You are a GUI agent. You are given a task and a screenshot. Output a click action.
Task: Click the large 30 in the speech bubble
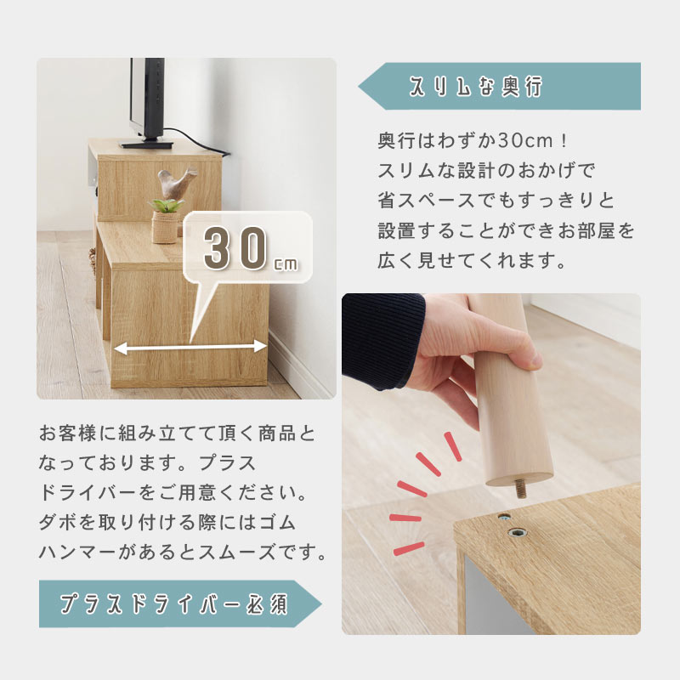[235, 248]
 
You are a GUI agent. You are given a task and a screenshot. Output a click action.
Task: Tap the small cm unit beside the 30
[286, 264]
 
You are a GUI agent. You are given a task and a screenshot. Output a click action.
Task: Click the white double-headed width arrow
[190, 347]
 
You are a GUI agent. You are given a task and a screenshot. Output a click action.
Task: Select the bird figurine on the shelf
[175, 182]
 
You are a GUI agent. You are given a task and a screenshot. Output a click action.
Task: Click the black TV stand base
[146, 144]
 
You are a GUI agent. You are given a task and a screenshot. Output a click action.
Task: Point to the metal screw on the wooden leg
[521, 489]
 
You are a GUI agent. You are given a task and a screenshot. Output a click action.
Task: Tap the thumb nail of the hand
[535, 360]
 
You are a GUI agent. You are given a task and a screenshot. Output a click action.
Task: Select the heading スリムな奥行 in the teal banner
[476, 87]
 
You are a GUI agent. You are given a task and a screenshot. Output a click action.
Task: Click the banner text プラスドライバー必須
[173, 603]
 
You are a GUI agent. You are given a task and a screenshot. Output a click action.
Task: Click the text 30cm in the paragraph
[525, 140]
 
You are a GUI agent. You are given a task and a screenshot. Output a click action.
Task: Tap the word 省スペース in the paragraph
[427, 201]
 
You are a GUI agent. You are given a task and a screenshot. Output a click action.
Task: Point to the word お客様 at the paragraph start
[68, 433]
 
